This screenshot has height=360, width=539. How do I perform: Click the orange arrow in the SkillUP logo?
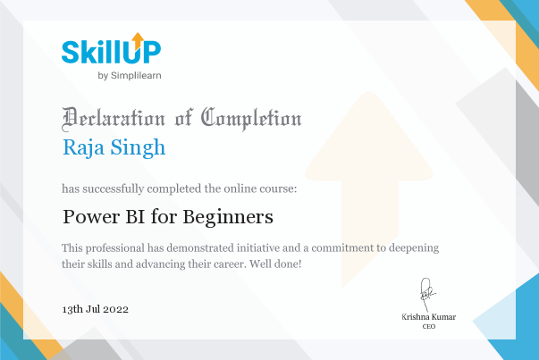coord(138,41)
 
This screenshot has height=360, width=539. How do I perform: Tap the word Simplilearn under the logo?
coord(136,76)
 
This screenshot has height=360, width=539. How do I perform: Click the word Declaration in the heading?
coord(114,119)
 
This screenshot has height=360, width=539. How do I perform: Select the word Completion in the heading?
coord(251,119)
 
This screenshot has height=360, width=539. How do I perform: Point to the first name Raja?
coord(83,148)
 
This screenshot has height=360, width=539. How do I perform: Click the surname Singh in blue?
coord(138,148)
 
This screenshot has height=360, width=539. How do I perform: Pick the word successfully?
coord(114,188)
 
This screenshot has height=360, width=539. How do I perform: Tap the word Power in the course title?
coord(91,217)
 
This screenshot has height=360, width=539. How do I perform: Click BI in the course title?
coord(135,217)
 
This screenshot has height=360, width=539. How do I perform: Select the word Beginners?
coord(228,218)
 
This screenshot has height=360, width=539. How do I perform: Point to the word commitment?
coord(342,247)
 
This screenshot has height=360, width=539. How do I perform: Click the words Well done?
coord(275,264)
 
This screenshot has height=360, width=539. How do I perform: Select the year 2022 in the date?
coord(116,309)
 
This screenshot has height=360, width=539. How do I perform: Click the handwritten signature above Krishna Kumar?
coord(426,294)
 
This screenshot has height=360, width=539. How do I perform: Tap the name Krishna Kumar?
coord(429,317)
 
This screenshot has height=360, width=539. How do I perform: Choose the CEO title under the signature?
coord(429,326)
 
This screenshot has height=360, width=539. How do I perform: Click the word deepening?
coord(414,248)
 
